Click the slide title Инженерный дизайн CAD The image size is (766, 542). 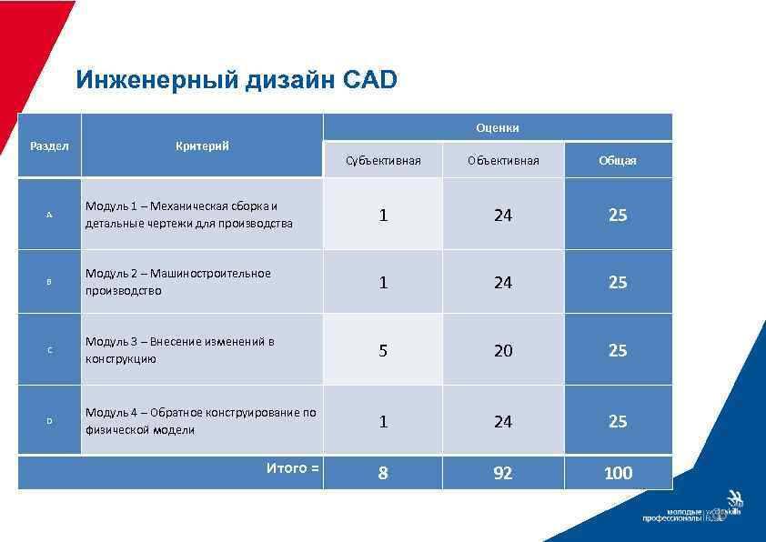[237, 80]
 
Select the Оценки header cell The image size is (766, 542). [498, 127]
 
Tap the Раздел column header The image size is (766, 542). [49, 146]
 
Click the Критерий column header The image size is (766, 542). [202, 146]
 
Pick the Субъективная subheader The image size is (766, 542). [383, 161]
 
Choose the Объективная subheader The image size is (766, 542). [503, 161]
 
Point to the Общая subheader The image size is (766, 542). [618, 161]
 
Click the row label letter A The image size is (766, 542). [49, 215]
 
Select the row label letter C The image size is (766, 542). [49, 350]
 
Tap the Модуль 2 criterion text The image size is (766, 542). [177, 282]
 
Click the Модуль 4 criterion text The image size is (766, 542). [200, 421]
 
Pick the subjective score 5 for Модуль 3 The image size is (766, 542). [383, 350]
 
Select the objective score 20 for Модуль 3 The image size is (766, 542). [503, 350]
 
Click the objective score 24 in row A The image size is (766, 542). [503, 216]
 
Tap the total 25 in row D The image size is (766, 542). [618, 421]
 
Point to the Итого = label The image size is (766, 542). [292, 468]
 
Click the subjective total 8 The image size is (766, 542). [383, 473]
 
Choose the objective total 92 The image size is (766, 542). [503, 473]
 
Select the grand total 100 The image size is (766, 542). [618, 473]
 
